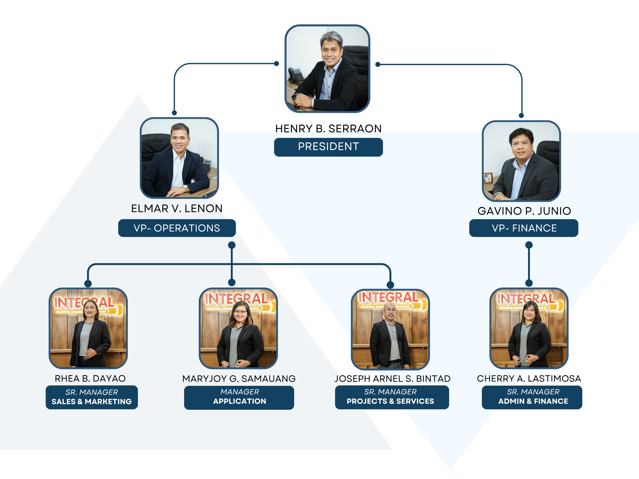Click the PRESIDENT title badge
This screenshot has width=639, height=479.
pos(328,147)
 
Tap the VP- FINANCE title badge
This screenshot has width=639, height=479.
pos(524,228)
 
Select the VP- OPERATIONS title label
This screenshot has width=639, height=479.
pos(177,228)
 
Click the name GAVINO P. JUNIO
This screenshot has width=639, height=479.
pos(524,211)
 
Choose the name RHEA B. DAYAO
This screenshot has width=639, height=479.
pos(90,378)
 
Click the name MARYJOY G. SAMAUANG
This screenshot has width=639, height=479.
pos(239,379)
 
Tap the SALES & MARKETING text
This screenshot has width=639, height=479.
pos(92,401)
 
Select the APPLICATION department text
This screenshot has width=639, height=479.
pos(239,401)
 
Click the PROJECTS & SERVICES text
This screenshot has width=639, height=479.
pos(390,401)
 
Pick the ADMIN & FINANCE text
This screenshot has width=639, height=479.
pos(533,401)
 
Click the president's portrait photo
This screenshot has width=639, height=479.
pos(327,69)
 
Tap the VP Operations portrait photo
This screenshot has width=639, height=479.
pos(179,158)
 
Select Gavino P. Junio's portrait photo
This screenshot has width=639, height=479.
pos(521,161)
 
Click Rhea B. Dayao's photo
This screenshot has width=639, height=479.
pos(88,328)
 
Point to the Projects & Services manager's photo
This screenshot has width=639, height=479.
pos(390,329)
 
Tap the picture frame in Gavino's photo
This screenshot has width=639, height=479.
pos(488,178)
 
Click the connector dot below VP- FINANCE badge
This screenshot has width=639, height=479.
pos(529,245)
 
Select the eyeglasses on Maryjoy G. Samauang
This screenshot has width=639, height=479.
pos(240,312)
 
